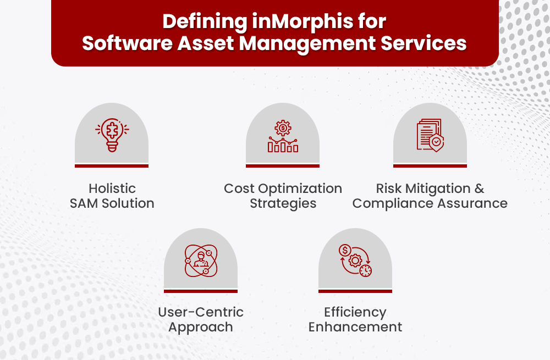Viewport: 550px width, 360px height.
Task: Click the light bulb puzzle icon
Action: (112, 135)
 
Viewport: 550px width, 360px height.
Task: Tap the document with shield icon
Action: (430, 135)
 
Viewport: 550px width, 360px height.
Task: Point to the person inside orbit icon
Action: (201, 260)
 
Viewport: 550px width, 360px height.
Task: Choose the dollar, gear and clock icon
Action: (355, 260)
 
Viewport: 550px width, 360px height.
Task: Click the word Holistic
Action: (112, 189)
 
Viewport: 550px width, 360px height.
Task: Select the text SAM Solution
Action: (112, 203)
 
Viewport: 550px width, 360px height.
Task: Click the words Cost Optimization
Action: (283, 189)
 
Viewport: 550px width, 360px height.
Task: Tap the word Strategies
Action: (283, 203)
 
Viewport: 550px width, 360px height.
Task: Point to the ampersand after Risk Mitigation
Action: (479, 189)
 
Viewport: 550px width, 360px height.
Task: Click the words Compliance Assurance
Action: (430, 203)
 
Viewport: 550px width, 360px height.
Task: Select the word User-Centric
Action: (201, 312)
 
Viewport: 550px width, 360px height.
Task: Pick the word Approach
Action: (201, 327)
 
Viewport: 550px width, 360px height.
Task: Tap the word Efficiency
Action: (355, 312)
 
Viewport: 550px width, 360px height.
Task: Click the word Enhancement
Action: (355, 327)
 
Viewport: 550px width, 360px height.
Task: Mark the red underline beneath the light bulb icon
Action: (112, 165)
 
